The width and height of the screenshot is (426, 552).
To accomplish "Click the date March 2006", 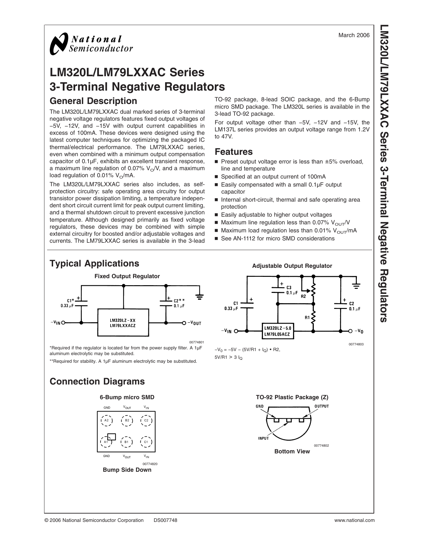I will coord(354,35).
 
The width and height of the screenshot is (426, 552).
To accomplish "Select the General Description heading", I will coord(93,101).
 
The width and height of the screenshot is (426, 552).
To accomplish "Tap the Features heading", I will coord(234,152).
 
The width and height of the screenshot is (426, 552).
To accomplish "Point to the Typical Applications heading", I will coord(94,263).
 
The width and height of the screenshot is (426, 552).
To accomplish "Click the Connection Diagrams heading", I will coord(97,381).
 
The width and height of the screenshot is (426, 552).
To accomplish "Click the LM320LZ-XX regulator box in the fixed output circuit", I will coord(123,322).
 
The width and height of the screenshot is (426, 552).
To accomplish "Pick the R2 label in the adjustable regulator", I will coord(303,297).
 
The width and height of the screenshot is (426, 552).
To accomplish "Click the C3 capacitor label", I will coord(289,288).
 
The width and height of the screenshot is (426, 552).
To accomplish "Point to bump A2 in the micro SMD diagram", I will coord(107,420).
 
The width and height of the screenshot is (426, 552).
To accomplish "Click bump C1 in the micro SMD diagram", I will coord(146,442).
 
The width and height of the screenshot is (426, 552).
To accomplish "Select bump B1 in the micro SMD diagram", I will coord(126,442).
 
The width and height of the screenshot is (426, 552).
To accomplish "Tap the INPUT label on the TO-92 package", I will coord(264,439).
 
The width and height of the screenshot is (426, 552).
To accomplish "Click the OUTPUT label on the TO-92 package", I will coord(321,406).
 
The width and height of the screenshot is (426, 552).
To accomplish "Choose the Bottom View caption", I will coord(292,451).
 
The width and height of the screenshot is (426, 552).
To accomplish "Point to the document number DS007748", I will coord(165,520).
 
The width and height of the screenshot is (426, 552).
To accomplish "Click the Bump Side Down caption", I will coord(127,470).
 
